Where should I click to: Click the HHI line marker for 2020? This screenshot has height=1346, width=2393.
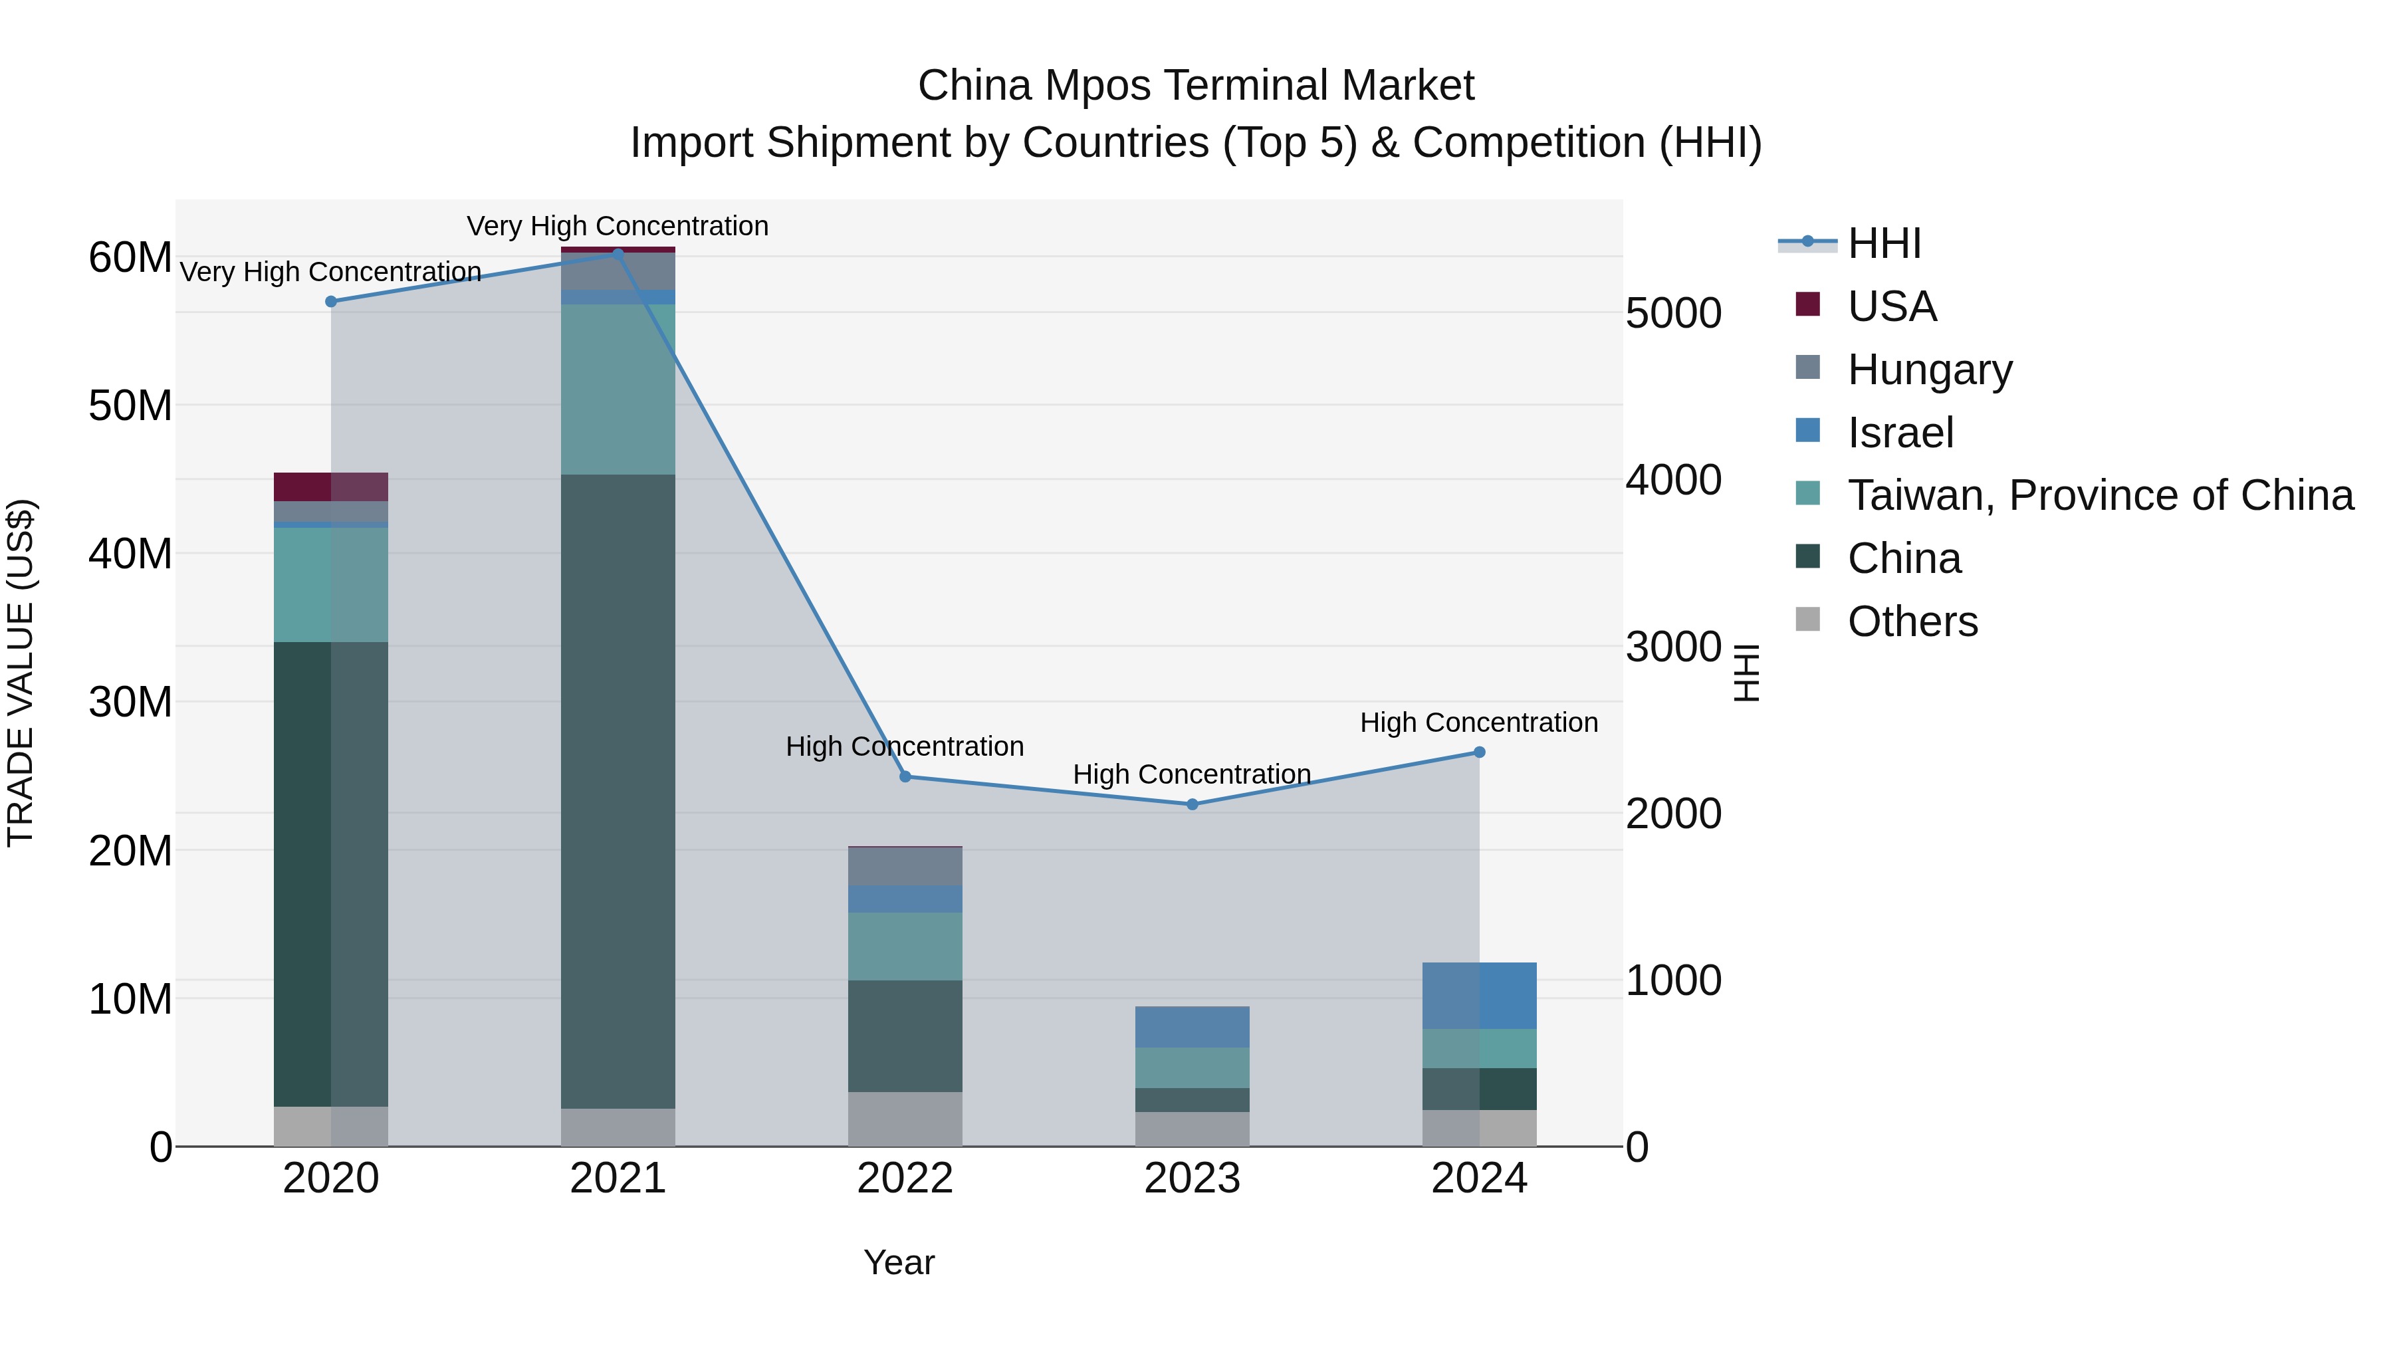pyautogui.click(x=331, y=301)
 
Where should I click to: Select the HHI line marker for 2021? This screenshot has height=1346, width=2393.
pyautogui.click(x=618, y=254)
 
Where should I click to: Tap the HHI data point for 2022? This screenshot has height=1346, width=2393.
pyautogui.click(x=905, y=776)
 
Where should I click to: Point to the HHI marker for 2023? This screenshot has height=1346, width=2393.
pyautogui.click(x=1192, y=804)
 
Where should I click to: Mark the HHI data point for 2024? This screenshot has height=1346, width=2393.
pyautogui.click(x=1479, y=752)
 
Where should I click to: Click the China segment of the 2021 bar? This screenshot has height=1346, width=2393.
pyautogui.click(x=618, y=790)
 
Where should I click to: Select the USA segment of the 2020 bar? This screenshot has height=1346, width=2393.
pyautogui.click(x=331, y=486)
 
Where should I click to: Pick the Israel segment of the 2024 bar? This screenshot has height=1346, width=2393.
pyautogui.click(x=1479, y=995)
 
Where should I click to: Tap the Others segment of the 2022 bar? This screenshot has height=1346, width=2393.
pyautogui.click(x=905, y=1119)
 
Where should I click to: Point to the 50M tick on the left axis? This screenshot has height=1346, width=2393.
pyautogui.click(x=130, y=406)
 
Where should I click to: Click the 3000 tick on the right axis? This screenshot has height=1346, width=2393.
pyautogui.click(x=1673, y=647)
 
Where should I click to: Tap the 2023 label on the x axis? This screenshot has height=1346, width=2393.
pyautogui.click(x=1192, y=1178)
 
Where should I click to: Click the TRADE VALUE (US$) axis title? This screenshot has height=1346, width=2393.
pyautogui.click(x=21, y=673)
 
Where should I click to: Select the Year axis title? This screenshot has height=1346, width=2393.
pyautogui.click(x=898, y=1262)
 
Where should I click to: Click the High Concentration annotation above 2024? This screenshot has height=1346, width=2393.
pyautogui.click(x=1479, y=722)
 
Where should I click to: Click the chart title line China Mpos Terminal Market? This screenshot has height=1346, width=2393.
pyautogui.click(x=1196, y=86)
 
